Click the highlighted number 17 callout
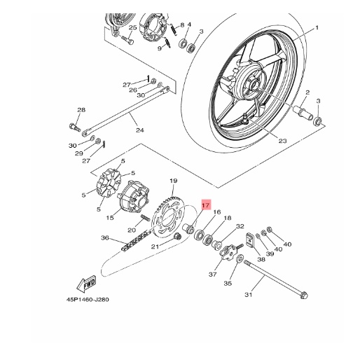[206, 205]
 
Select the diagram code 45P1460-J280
[88, 299]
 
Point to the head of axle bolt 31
[303, 296]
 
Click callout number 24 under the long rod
[140, 130]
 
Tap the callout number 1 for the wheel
[317, 28]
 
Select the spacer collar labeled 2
[303, 113]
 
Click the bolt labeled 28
[75, 127]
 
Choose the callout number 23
[282, 141]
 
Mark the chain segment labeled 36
[135, 241]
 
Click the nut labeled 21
[178, 236]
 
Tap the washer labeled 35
[240, 258]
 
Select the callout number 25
[132, 27]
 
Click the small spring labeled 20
[146, 218]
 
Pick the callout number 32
[240, 226]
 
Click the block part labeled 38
[250, 240]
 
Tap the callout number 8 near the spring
[182, 25]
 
